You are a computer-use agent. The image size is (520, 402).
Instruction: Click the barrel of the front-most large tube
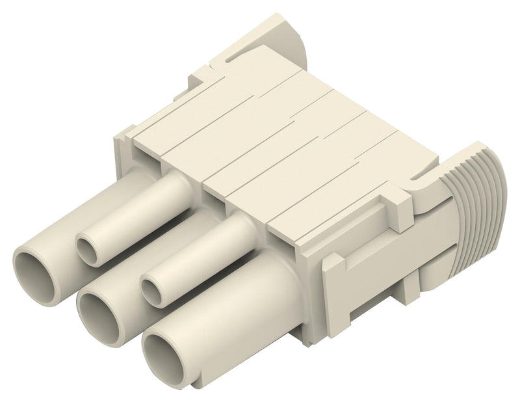point(247,312)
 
